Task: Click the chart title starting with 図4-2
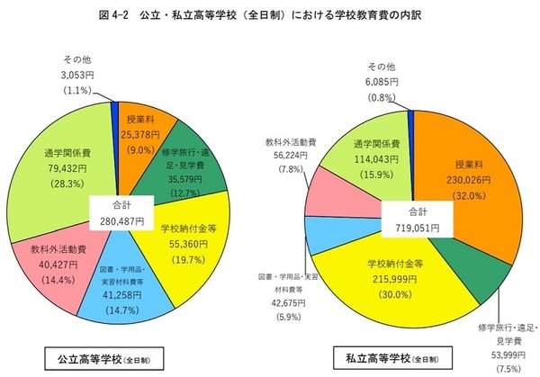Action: [270, 14]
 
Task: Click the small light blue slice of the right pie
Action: [338, 235]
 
